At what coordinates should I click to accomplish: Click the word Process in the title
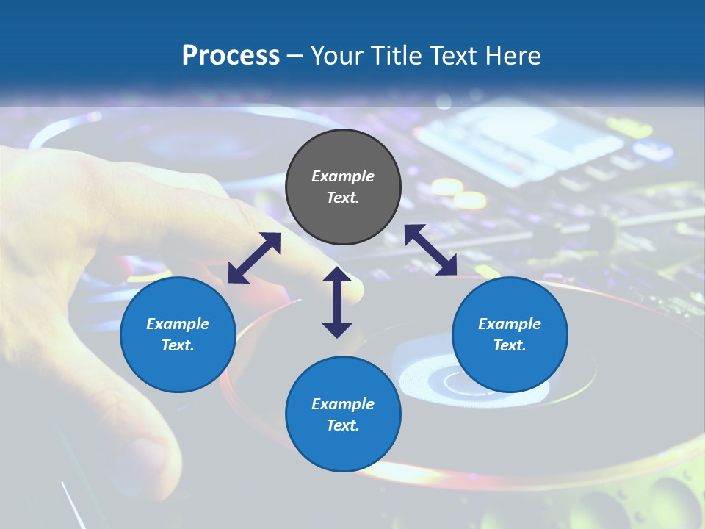tap(231, 56)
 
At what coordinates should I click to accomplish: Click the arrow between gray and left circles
tap(254, 258)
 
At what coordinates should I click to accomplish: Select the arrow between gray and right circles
tap(430, 250)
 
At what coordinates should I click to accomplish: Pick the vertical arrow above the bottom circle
tap(337, 302)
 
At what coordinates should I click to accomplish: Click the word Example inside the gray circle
tap(343, 176)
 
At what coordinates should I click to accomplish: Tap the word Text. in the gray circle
tap(343, 198)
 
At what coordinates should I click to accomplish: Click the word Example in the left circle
tap(178, 324)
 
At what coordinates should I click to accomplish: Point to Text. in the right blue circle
tap(510, 345)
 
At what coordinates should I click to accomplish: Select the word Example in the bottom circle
tap(343, 404)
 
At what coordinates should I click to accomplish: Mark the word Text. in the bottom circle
tap(343, 425)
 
